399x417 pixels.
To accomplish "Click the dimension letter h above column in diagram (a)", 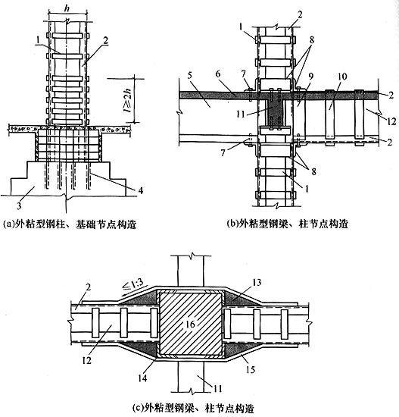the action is point(67,8).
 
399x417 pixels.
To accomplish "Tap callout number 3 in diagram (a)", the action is point(19,205).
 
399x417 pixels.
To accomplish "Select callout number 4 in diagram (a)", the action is point(141,190).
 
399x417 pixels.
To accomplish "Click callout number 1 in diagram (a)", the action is point(39,40).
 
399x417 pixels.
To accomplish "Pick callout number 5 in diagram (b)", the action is point(189,76).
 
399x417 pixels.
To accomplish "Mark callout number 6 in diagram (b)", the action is point(218,74).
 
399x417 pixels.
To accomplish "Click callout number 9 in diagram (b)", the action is point(310,76).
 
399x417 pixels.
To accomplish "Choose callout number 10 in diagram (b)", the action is point(342,77).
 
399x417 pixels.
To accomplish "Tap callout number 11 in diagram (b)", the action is point(241,115).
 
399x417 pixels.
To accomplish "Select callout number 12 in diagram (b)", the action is point(392,121).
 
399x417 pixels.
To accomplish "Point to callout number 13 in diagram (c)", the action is point(257,282).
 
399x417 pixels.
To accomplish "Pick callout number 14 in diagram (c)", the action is point(142,378).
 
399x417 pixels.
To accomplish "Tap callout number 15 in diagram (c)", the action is point(251,369).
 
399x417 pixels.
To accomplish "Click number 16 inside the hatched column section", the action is point(190,325).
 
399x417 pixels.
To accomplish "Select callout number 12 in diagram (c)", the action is point(87,360).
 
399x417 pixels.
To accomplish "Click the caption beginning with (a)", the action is point(70,224).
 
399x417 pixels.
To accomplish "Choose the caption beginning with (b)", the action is point(288,224).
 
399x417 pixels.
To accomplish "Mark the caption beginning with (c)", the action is point(193,408).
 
